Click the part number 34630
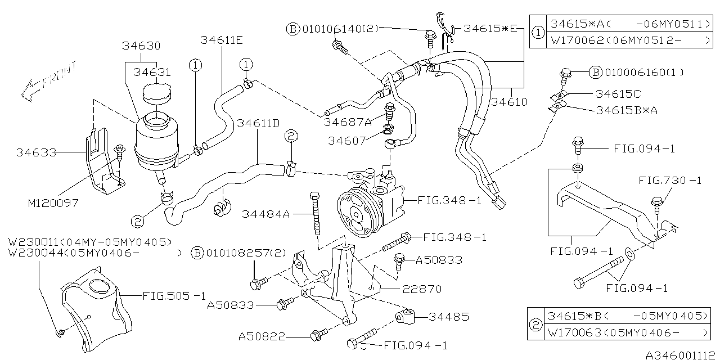pos(141,46)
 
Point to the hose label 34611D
pos(258,123)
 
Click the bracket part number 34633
pos(36,152)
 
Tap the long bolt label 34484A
pos(266,214)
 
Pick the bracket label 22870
pos(422,289)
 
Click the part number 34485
pos(448,317)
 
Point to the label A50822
pos(262,336)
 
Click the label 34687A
pos(347,121)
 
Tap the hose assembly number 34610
pos(508,102)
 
